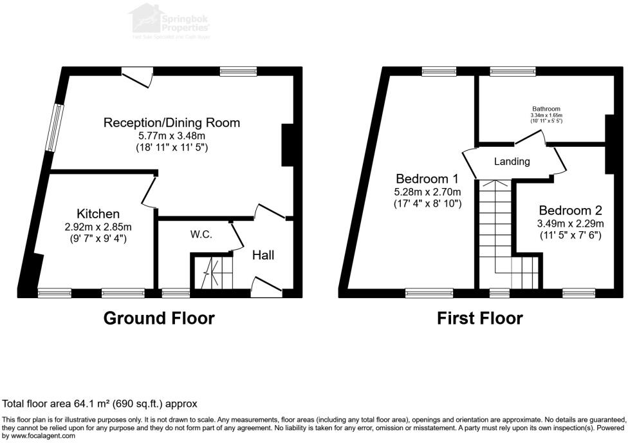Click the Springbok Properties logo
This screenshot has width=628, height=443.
[170, 19]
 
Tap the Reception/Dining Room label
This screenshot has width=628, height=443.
[172, 122]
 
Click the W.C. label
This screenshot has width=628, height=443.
[200, 235]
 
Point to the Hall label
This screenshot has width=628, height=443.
[263, 256]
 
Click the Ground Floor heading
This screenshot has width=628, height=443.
[159, 318]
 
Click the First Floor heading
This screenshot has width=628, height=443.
[479, 318]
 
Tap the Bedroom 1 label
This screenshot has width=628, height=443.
[427, 178]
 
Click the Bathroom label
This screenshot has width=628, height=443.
[546, 109]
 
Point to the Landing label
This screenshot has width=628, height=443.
[512, 162]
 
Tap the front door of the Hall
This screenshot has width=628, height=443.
[266, 286]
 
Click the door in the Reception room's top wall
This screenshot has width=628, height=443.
[137, 77]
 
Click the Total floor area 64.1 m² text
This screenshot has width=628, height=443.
[100, 404]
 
